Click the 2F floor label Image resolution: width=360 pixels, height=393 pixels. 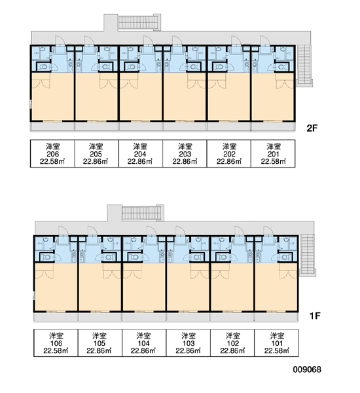(312, 128)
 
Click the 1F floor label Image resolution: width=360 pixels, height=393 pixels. (315, 316)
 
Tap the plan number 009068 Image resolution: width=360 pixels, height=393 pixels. (307, 369)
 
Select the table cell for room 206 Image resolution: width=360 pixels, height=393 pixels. (52, 154)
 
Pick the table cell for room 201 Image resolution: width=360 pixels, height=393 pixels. (273, 154)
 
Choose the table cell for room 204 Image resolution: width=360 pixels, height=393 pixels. (141, 154)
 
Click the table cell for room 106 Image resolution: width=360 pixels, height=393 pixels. (56, 343)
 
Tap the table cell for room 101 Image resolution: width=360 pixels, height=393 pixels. (277, 343)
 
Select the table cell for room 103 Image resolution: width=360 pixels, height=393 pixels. (188, 343)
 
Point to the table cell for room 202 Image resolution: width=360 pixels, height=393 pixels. (228, 154)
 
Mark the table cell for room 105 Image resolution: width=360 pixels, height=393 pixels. (100, 343)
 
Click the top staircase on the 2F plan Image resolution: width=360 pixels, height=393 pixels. (139, 22)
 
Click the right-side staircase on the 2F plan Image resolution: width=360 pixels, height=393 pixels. (304, 65)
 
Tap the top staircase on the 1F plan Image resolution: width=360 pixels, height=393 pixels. (143, 213)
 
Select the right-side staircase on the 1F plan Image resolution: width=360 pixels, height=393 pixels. (308, 255)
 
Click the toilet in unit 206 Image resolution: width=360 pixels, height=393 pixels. (44, 67)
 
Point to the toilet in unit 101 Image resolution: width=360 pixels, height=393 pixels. (285, 257)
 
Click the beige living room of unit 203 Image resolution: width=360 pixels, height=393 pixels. (185, 97)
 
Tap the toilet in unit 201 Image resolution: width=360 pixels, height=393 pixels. (281, 67)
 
